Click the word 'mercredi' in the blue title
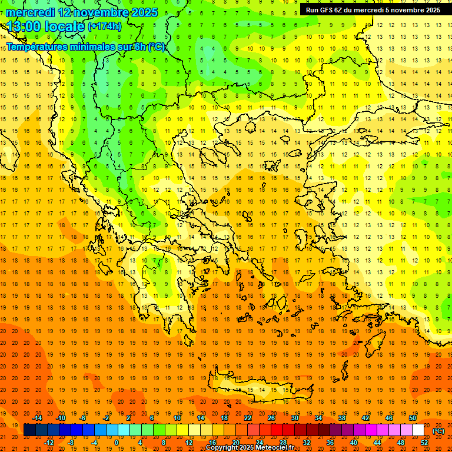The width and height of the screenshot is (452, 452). tap(30, 12)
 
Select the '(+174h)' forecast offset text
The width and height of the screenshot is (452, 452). tap(105, 26)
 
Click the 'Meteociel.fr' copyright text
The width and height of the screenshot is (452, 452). tap(271, 448)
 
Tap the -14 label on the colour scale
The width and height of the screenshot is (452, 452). tap(37, 418)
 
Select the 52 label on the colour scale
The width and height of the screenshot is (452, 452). tap(424, 443)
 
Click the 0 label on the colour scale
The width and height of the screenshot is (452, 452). tap(116, 443)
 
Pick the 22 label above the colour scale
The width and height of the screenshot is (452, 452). tap(248, 418)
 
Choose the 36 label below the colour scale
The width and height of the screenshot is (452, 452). tap(330, 443)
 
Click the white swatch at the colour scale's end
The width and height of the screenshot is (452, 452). tap(418, 430)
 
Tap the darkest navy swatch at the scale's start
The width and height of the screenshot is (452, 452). tap(30, 430)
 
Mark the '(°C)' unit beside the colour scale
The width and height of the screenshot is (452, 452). tap(438, 431)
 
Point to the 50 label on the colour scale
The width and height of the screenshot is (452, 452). tap(412, 418)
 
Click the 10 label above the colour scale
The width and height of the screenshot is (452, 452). tap(177, 418)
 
